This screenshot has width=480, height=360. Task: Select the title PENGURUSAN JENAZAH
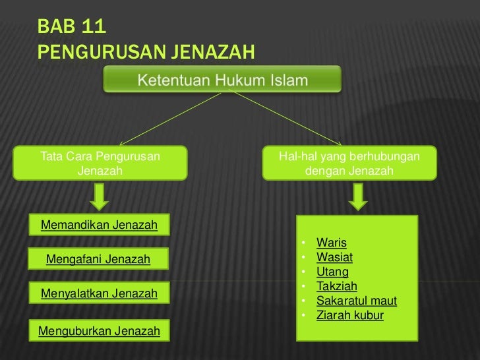(x=146, y=51)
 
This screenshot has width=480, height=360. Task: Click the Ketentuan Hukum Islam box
(x=222, y=80)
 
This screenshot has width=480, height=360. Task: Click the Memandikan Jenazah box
(x=99, y=225)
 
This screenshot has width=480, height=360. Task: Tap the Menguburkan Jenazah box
(x=99, y=330)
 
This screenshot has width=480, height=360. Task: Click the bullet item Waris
(x=331, y=243)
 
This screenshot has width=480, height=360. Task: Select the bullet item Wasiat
(x=334, y=257)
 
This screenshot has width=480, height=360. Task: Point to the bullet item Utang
(x=332, y=272)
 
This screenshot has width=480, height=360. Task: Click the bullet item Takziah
(x=336, y=286)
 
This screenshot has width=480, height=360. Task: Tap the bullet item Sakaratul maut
(x=356, y=301)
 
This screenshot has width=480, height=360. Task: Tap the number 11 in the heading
(x=94, y=28)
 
